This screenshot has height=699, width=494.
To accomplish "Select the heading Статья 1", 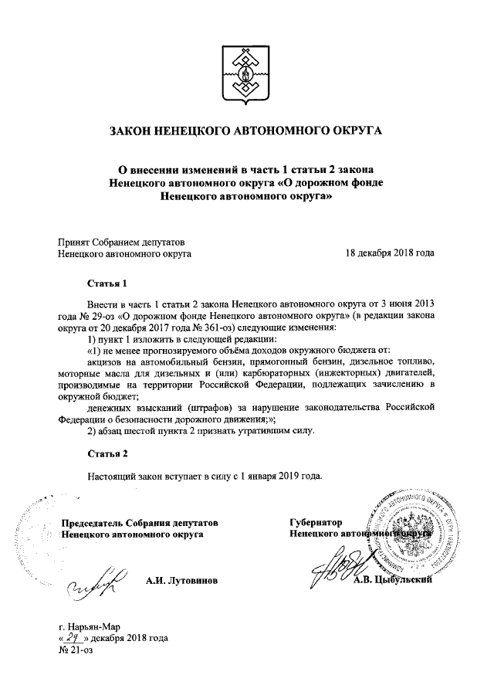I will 107,283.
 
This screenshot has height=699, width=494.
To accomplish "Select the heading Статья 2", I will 107,452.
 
